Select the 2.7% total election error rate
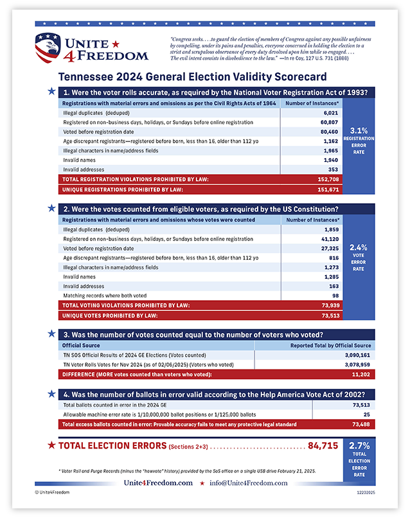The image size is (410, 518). [359, 445]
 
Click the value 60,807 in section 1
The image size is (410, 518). [329, 122]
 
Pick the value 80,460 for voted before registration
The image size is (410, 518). [329, 131]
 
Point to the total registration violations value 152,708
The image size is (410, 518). [328, 179]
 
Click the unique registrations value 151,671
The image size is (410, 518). [328, 190]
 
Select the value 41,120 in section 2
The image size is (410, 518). [329, 238]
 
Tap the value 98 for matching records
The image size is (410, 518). [334, 295]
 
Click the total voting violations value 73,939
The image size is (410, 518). [329, 306]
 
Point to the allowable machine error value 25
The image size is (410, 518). [368, 415]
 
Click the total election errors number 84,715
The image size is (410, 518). [323, 445]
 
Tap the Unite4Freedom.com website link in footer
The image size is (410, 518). [158, 483]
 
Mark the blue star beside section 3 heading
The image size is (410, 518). [51, 334]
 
